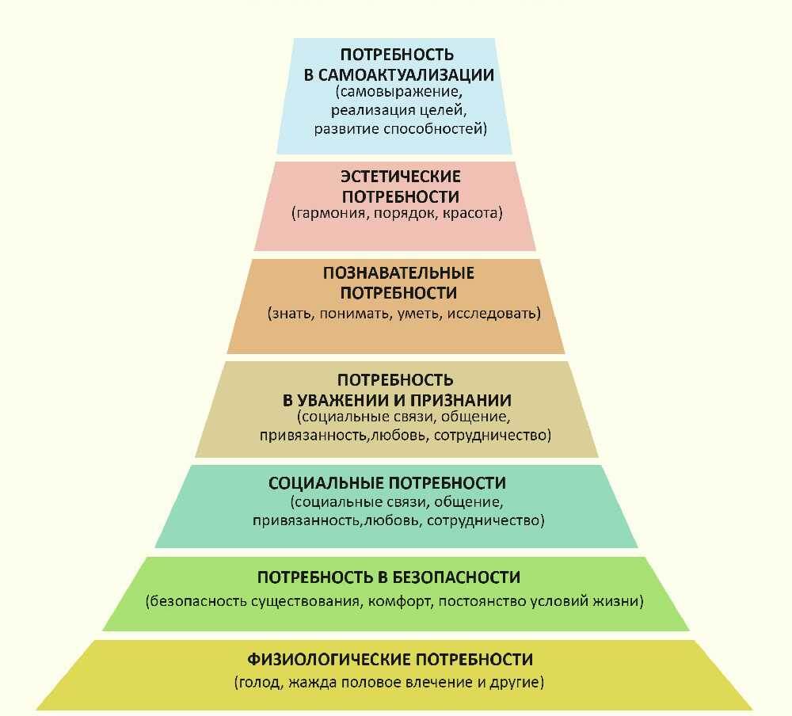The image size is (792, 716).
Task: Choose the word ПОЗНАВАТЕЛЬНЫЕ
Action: (398, 273)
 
